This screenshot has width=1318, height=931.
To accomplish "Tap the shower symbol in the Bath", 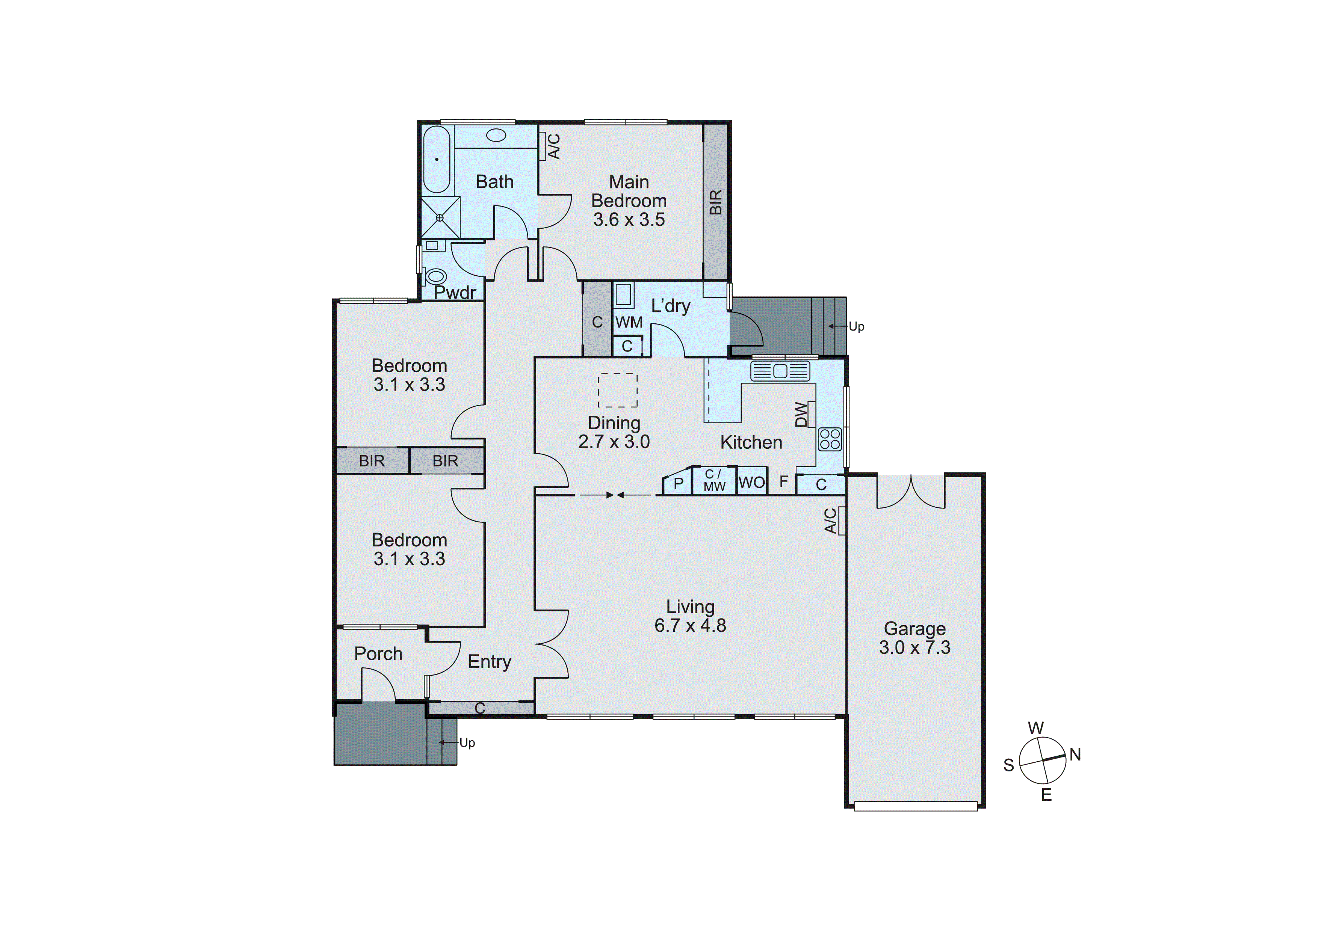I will (440, 217).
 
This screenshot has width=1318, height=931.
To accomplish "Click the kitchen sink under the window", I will (780, 371).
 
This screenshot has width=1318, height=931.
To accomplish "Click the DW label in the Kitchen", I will (801, 414).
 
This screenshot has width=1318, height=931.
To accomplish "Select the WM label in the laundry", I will (629, 322).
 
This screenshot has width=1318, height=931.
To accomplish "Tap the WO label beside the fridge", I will (751, 483).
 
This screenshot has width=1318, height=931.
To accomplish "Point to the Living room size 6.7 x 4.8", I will (690, 625).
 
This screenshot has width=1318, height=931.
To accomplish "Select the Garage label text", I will (914, 629).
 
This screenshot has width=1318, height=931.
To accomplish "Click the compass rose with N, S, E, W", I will (1043, 760).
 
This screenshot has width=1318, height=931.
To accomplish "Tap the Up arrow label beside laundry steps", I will (856, 326).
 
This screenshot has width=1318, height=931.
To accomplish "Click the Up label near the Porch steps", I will (467, 743).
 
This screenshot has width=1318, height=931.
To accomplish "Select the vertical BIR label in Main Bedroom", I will (715, 202).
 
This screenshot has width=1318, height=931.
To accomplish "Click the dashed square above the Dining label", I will (618, 390).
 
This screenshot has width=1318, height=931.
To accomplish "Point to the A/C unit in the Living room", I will (842, 521).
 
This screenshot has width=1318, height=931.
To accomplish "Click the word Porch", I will (378, 654).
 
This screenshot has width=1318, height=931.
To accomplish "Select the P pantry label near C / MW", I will (678, 484).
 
